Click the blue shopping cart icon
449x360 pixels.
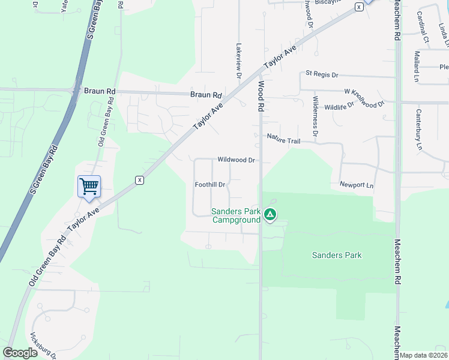89,186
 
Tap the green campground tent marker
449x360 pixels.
271,214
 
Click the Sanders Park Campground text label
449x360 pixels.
236,215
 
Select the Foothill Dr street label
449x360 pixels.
210,185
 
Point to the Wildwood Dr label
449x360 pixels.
237,160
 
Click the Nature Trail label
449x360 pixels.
283,140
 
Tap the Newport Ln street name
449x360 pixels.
356,185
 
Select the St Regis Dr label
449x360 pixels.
322,74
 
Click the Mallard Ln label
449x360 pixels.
416,66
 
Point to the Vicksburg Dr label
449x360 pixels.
42,346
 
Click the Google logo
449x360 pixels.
20,353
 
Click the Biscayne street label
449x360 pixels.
322,2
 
